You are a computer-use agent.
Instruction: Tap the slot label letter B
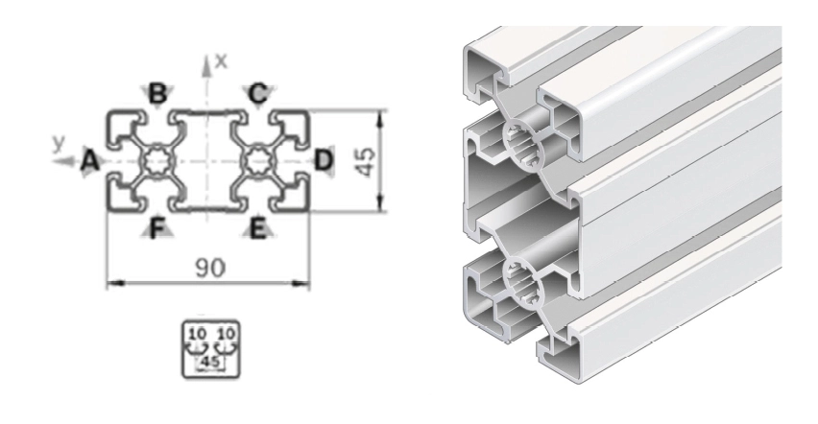tap(157, 93)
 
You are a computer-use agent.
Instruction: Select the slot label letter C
tap(258, 93)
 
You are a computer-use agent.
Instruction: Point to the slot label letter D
tap(324, 158)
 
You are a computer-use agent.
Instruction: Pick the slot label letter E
tap(257, 227)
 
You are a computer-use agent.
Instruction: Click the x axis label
tap(222, 60)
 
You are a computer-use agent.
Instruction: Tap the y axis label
tap(60, 142)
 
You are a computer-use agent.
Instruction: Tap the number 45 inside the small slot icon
tap(207, 362)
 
